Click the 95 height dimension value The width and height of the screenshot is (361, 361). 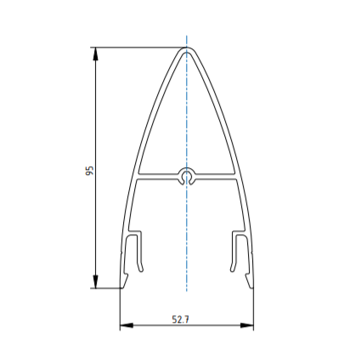tap(89, 171)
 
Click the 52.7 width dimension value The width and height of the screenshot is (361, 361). tap(181, 319)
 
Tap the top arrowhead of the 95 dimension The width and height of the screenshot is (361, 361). tap(96, 54)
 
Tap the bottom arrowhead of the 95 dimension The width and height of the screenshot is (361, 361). tap(96, 282)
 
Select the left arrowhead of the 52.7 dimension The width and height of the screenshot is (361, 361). tap(127, 325)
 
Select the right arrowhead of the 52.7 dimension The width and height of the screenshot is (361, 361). tap(247, 325)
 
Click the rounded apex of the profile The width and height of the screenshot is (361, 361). tap(187, 49)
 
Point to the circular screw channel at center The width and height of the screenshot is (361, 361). tap(186, 177)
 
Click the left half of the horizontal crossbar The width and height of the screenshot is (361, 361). tap(158, 176)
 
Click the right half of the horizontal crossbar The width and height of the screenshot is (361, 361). tap(215, 176)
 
